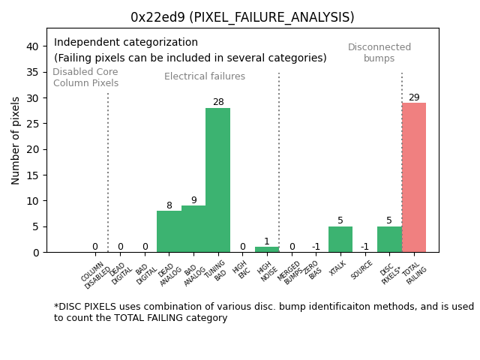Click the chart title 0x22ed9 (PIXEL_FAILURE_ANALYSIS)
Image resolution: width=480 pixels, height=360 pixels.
pyautogui.click(x=242, y=17)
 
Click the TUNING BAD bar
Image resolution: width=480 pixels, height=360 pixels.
pyautogui.click(x=217, y=180)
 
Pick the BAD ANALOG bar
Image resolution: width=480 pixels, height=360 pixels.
pyautogui.click(x=193, y=229)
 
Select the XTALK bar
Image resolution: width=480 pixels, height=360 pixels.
pyautogui.click(x=340, y=239)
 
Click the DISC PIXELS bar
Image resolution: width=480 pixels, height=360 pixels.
pyautogui.click(x=389, y=239)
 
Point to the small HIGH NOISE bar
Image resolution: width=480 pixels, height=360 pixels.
pyautogui.click(x=266, y=249)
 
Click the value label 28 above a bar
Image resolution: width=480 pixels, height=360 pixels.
pyautogui.click(x=217, y=102)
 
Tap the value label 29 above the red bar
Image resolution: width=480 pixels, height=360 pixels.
pyautogui.click(x=414, y=97)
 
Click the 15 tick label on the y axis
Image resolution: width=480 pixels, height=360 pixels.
pyautogui.click(x=32, y=175)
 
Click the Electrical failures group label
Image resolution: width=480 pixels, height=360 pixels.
pyautogui.click(x=205, y=76)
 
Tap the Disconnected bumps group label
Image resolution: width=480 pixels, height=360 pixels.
pyautogui.click(x=379, y=52)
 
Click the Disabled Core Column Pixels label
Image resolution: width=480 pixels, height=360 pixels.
pyautogui.click(x=85, y=77)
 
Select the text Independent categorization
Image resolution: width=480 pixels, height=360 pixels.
pyautogui.click(x=126, y=43)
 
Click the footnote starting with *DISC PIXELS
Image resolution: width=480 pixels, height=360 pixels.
pyautogui.click(x=263, y=312)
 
